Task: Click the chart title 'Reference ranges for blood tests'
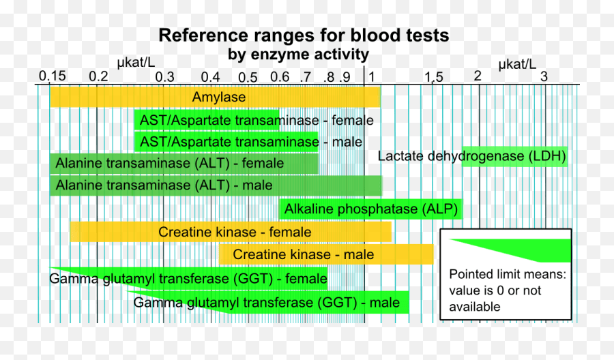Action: pyautogui.click(x=304, y=35)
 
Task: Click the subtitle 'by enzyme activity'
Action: pyautogui.click(x=298, y=54)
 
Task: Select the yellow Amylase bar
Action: pyautogui.click(x=215, y=97)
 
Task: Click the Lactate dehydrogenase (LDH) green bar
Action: pyautogui.click(x=515, y=156)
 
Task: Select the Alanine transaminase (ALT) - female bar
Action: pyautogui.click(x=184, y=164)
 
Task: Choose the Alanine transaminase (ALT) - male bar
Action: pyautogui.click(x=216, y=185)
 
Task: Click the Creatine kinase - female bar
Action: pyautogui.click(x=231, y=232)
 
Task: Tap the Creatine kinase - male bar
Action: pyautogui.click(x=327, y=254)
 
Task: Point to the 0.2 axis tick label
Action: pyautogui.click(x=98, y=76)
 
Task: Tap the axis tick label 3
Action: pyautogui.click(x=544, y=76)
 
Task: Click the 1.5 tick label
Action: pyautogui.click(x=433, y=77)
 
